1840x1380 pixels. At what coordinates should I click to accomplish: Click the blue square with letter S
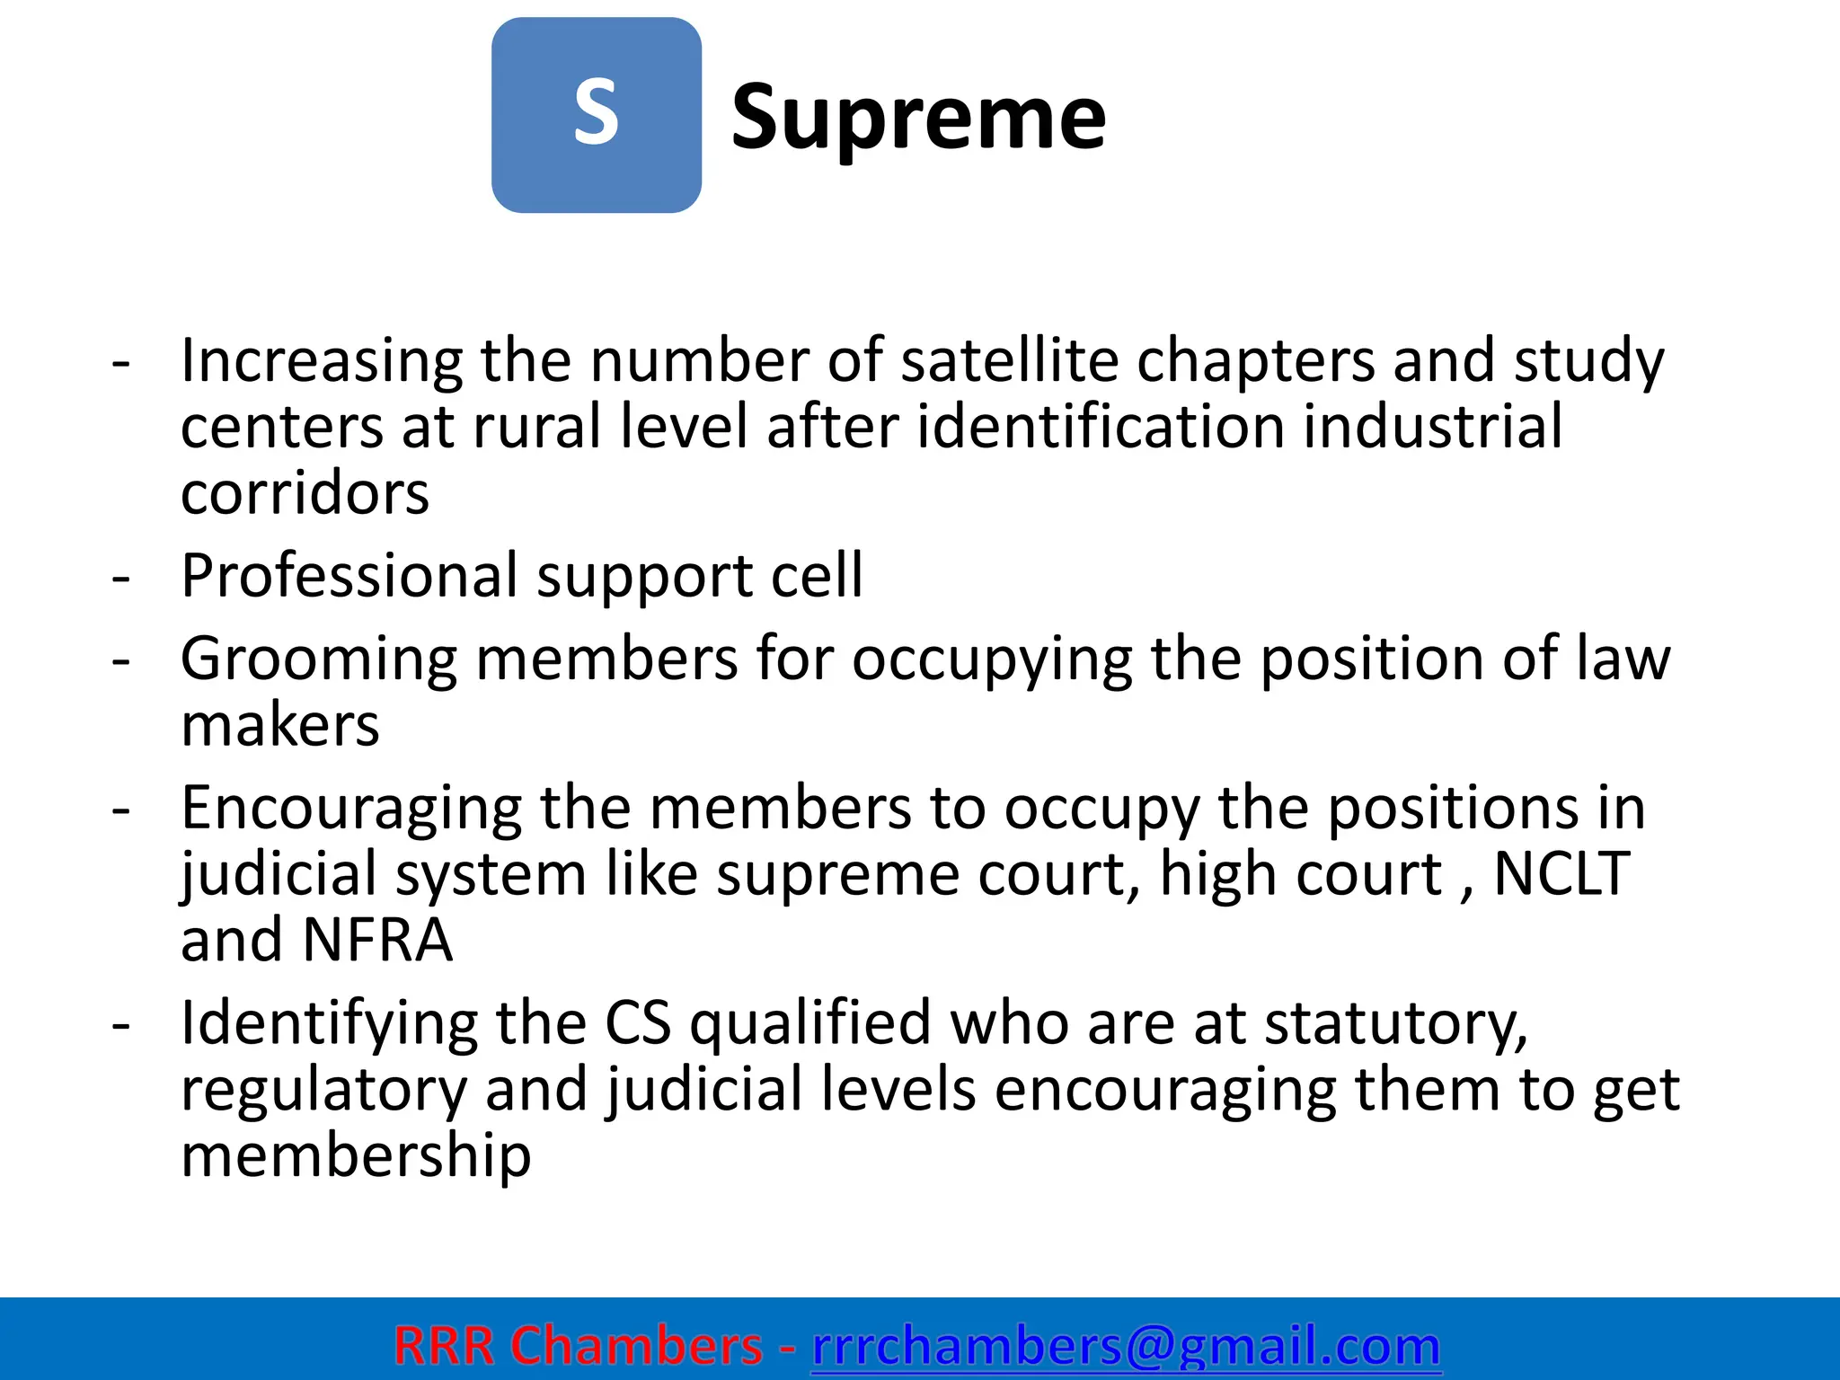coord(596,115)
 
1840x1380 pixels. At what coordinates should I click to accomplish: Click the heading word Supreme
coord(918,117)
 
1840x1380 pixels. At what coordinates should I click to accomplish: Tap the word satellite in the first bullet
coord(1009,360)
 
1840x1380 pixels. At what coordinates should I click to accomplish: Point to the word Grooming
coord(319,660)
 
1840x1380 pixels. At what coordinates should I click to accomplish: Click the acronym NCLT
coord(1561,873)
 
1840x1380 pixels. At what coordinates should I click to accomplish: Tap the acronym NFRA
coord(377,940)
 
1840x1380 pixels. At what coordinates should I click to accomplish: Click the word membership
coord(356,1155)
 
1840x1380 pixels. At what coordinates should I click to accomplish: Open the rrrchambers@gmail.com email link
coord(1126,1346)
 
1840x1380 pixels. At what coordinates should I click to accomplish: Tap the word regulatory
coord(323,1091)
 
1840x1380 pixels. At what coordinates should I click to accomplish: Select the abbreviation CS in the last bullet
coord(637,1023)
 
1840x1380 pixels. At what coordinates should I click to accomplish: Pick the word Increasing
coord(322,362)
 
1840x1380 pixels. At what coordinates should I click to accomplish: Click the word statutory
coord(1396,1025)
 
